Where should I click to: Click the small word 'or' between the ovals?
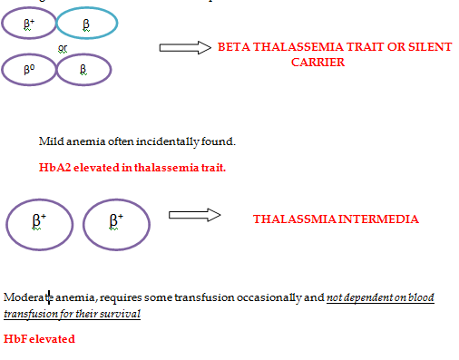[62, 49]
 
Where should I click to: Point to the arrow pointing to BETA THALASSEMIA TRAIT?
[184, 47]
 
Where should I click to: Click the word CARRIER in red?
[317, 63]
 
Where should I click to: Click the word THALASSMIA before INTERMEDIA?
[289, 219]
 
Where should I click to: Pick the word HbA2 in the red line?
[54, 168]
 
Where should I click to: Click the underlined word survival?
[121, 314]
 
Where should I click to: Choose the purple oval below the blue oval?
[83, 70]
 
